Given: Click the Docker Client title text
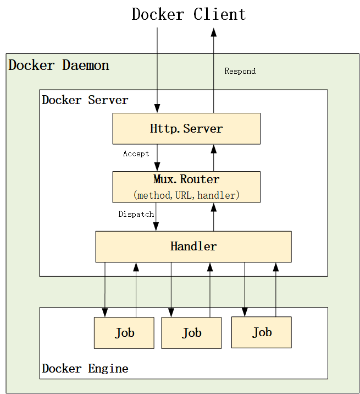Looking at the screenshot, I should [x=189, y=14].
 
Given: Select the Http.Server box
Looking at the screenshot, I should [x=186, y=129].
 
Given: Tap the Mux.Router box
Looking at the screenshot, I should [x=186, y=187].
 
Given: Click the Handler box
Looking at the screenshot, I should [x=193, y=247].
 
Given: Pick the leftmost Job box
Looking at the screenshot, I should [x=124, y=333].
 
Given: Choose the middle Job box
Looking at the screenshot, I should [x=191, y=333].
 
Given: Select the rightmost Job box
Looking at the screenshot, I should [x=262, y=332].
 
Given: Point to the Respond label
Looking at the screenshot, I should [x=240, y=72].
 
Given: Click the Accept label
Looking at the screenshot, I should [x=136, y=154].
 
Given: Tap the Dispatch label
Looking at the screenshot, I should [x=136, y=214].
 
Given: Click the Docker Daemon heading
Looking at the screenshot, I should [x=59, y=65].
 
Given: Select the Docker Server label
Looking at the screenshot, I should [x=85, y=100].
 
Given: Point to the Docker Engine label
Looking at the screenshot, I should [x=85, y=369].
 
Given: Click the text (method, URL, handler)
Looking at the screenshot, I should [x=186, y=195].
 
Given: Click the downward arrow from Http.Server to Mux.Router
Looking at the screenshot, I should [x=157, y=158].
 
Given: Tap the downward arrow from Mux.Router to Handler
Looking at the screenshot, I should [x=156, y=217].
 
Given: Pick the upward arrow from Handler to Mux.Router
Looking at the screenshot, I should [x=214, y=217].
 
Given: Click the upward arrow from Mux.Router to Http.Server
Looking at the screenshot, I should [x=214, y=158].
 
